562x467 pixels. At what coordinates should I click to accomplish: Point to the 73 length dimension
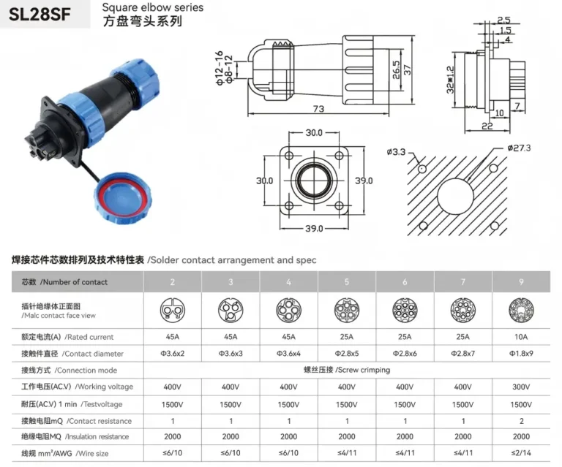pyautogui.click(x=319, y=109)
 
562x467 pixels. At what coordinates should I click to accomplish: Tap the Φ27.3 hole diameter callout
pyautogui.click(x=519, y=148)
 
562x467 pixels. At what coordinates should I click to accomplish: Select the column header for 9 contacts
pyautogui.click(x=521, y=281)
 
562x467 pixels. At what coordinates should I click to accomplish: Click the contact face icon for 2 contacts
pyautogui.click(x=172, y=310)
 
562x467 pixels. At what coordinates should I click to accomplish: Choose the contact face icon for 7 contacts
pyautogui.click(x=463, y=310)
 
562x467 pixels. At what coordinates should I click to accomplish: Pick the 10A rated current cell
pyautogui.click(x=521, y=338)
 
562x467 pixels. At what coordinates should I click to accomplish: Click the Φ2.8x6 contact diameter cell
pyautogui.click(x=405, y=354)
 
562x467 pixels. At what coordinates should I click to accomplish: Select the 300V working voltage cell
pyautogui.click(x=521, y=387)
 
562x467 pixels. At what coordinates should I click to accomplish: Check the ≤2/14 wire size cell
pyautogui.click(x=521, y=453)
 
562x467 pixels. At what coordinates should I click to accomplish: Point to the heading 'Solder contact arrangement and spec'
pyautogui.click(x=231, y=259)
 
